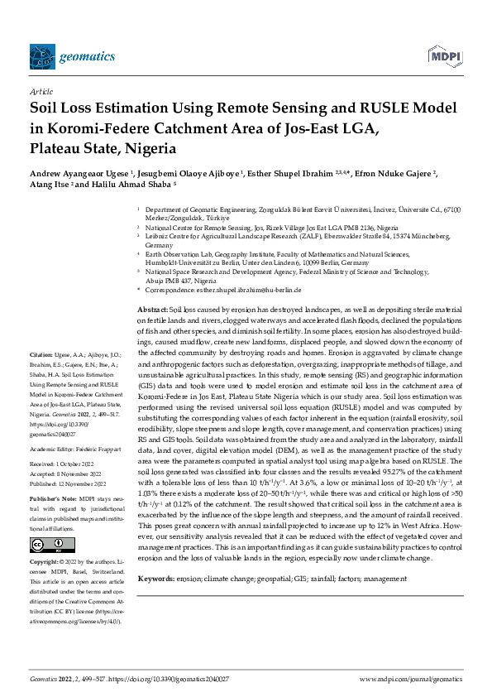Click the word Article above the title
click(x=41, y=93)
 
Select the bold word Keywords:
click(x=155, y=555)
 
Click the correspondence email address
click(x=253, y=291)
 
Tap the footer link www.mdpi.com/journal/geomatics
click(x=410, y=678)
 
